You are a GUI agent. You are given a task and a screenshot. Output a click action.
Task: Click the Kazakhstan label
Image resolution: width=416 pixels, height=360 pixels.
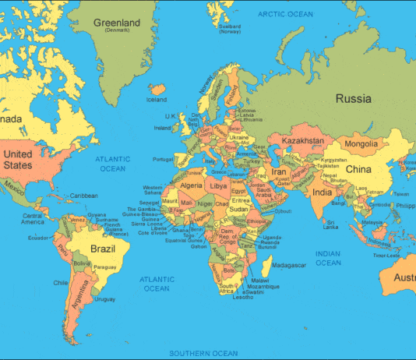[x=304, y=140]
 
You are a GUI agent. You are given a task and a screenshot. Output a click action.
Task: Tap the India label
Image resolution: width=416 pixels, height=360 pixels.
[x=322, y=192]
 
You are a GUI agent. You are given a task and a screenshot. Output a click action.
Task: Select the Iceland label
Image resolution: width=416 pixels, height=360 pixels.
[x=157, y=100]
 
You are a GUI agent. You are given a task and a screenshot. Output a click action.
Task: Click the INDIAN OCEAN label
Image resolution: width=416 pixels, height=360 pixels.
[x=328, y=258]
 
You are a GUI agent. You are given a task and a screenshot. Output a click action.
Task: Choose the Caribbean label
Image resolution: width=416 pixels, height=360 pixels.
[x=84, y=195]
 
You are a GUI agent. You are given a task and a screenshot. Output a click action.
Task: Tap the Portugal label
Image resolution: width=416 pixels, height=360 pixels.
[x=163, y=160]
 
